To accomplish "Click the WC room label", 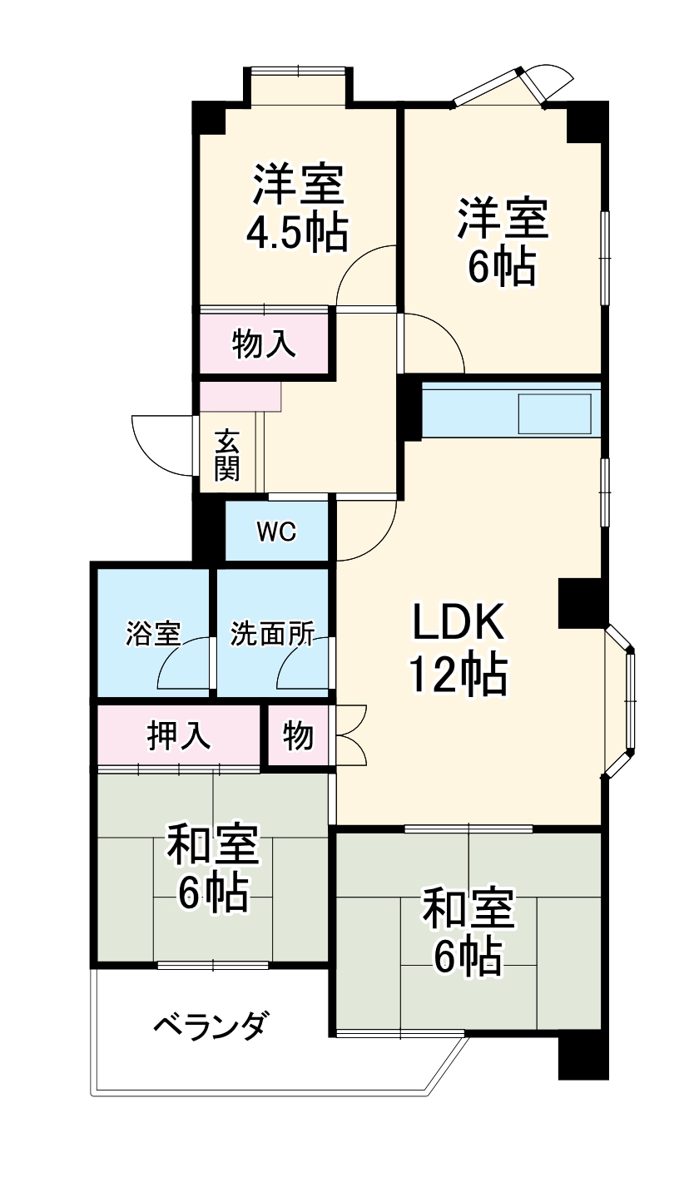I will (x=276, y=532).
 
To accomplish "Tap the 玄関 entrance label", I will (x=226, y=455).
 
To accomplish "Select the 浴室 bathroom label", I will (x=153, y=635).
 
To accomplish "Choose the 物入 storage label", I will (x=264, y=344).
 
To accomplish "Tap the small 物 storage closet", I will (x=297, y=736).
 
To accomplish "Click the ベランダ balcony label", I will (x=211, y=1026).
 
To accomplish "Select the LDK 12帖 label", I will (x=456, y=650).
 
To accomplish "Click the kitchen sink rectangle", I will (x=554, y=413).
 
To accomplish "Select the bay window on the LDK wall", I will (x=622, y=700).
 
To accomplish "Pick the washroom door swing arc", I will (x=301, y=663).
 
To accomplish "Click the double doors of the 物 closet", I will (x=350, y=735).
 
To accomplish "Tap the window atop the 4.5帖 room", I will (x=299, y=72).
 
